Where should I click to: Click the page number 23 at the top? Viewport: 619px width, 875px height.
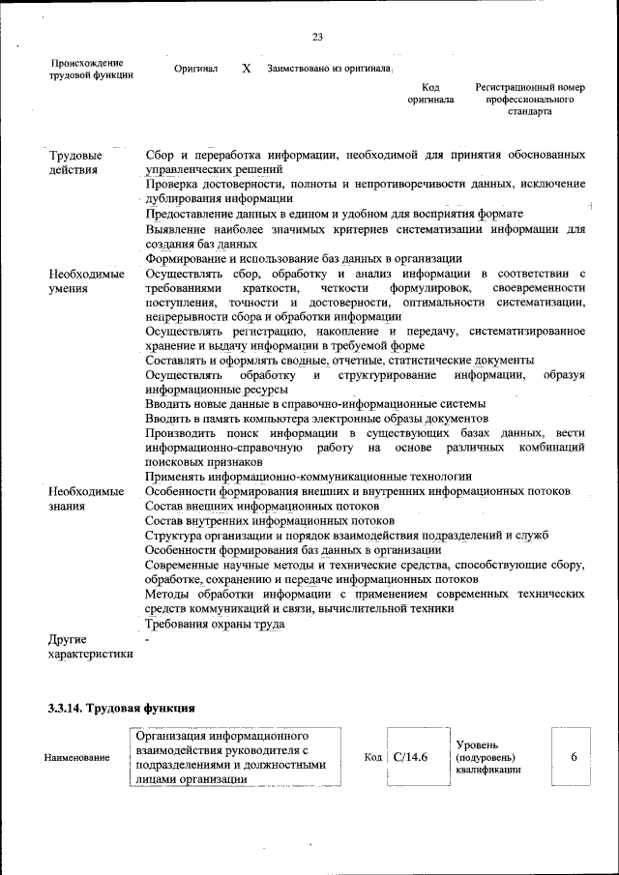[x=317, y=38]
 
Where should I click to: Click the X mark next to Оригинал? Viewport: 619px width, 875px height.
[x=246, y=70]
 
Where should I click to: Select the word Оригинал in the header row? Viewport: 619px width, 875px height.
[x=195, y=70]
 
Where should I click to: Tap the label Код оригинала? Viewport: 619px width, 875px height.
[x=430, y=94]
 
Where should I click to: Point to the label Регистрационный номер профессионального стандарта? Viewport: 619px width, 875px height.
[x=530, y=100]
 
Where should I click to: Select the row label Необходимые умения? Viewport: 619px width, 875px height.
[x=86, y=281]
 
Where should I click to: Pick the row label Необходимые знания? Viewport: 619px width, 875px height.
[x=86, y=498]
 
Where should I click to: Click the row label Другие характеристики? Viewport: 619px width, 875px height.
[x=90, y=647]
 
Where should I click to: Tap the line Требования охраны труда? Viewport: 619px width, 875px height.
[x=215, y=625]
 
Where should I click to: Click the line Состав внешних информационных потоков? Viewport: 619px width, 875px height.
[x=261, y=506]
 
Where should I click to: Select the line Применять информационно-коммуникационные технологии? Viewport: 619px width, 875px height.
[x=309, y=477]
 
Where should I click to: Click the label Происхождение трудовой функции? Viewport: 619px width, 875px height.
[x=91, y=69]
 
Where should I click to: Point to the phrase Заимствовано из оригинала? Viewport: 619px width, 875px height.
[x=328, y=70]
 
